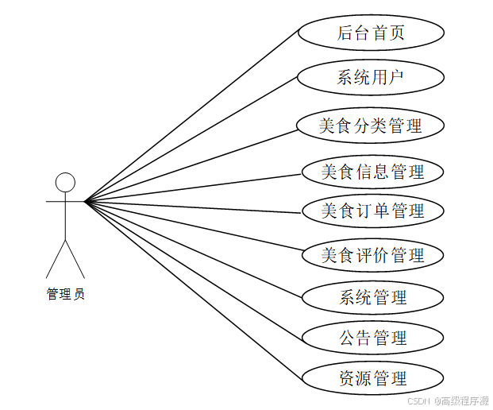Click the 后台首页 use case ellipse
coord(371,33)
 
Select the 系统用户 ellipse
coord(371,78)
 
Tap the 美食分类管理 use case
coord(370,126)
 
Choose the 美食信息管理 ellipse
coord(372,172)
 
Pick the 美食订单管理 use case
coord(372,211)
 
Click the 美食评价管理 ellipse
coord(372,255)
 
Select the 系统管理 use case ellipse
coord(372,298)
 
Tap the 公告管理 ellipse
coord(372,338)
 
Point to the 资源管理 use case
coord(372,377)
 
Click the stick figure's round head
coord(65,182)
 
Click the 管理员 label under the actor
coord(65,295)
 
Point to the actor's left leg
coord(55,257)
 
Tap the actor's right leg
coord(75,257)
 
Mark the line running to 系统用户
coord(191,141)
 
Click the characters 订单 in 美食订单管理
coord(372,211)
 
